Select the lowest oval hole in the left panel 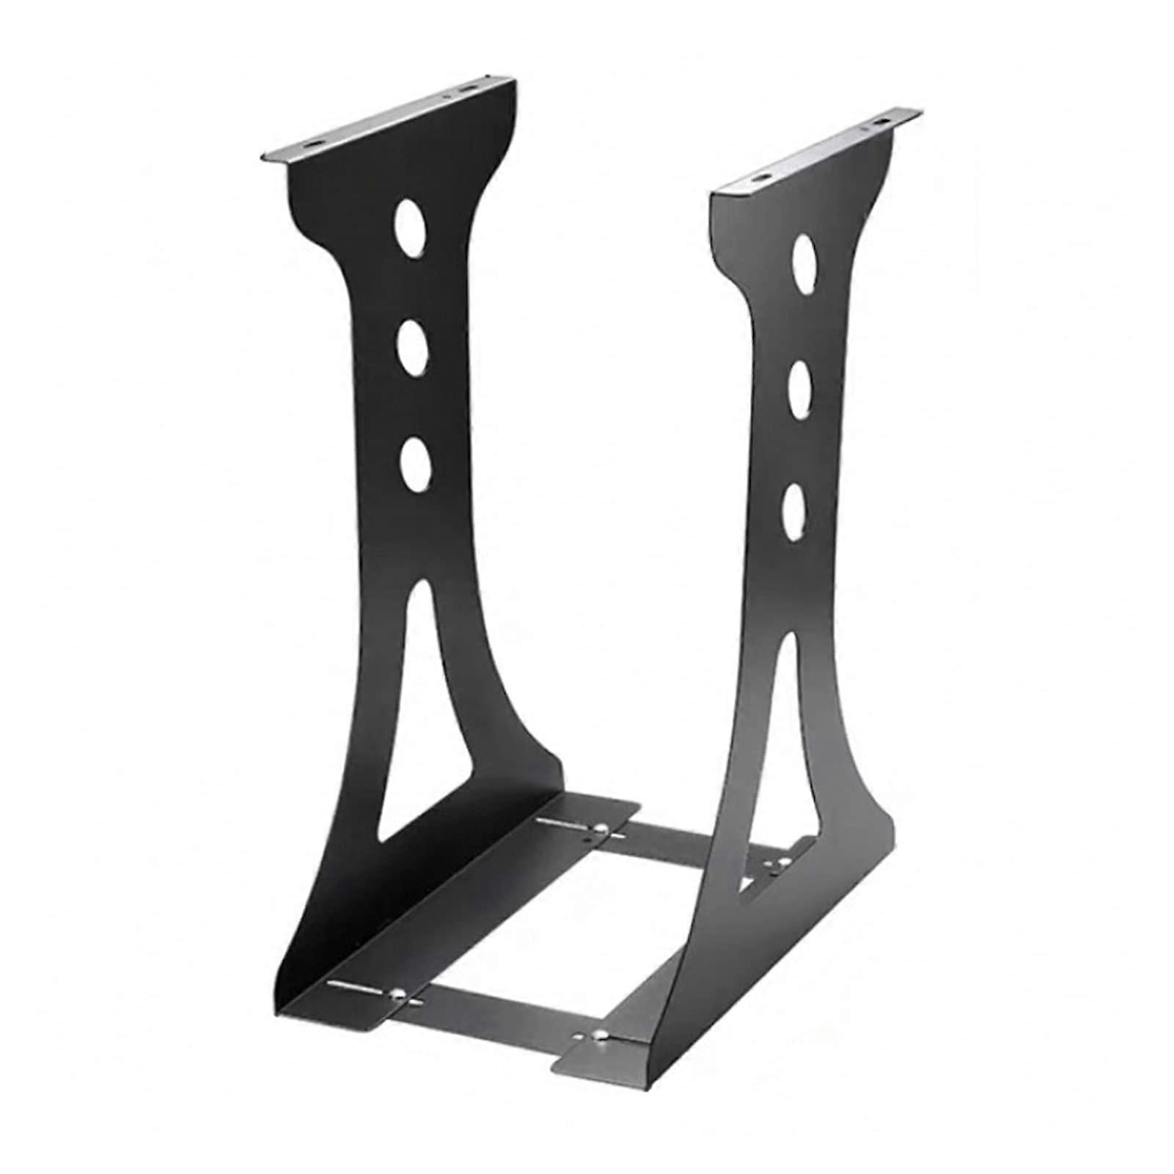tap(416, 464)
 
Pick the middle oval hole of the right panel tap(799, 386)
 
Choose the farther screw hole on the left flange tap(465, 91)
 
